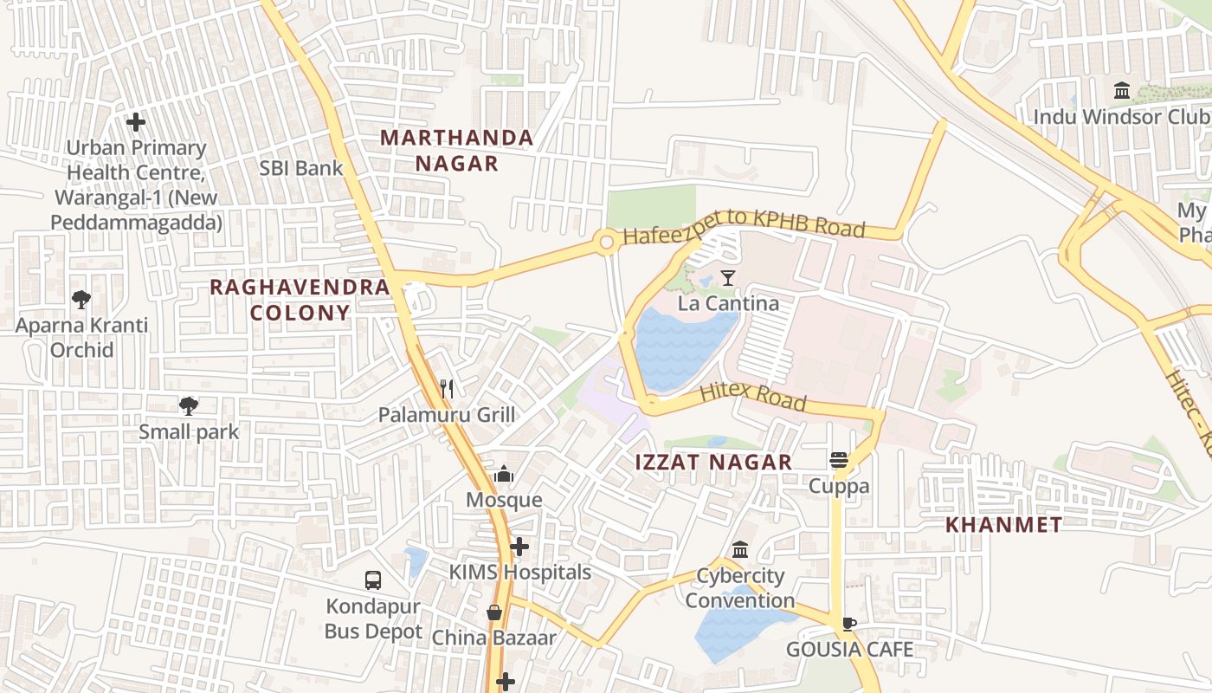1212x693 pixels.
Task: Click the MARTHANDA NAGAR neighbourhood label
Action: (456, 150)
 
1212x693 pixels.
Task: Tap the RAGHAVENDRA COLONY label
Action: (300, 300)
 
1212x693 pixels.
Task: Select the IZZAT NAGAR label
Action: (713, 462)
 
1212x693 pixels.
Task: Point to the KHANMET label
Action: (1003, 524)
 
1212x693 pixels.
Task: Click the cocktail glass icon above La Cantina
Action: (728, 278)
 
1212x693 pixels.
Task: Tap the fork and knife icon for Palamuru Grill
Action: (447, 389)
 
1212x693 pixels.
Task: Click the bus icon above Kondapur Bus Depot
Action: (373, 580)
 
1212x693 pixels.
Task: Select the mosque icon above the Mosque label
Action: (504, 474)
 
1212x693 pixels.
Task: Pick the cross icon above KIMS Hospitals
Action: (519, 547)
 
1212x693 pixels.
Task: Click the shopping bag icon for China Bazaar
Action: (494, 612)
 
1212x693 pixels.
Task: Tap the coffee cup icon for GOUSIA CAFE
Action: (849, 624)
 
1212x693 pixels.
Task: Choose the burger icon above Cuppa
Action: (838, 460)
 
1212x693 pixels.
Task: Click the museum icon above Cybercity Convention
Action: (740, 550)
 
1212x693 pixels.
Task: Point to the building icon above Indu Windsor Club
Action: (1122, 90)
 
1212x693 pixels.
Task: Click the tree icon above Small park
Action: (189, 405)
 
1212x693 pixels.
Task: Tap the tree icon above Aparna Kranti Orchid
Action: (81, 300)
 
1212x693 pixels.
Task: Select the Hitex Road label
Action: (752, 397)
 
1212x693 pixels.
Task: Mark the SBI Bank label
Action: (301, 168)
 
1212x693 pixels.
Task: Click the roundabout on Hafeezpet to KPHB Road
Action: (606, 243)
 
